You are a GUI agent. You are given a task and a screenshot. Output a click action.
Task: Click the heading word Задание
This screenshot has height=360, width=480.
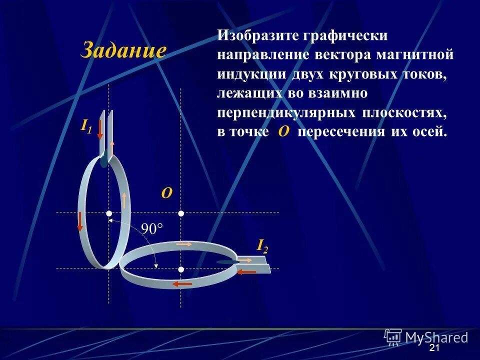(x=123, y=50)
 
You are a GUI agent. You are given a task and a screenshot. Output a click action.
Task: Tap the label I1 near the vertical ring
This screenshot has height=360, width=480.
(x=86, y=125)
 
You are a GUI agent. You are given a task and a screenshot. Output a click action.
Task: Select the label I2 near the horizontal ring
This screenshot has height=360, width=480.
(x=262, y=245)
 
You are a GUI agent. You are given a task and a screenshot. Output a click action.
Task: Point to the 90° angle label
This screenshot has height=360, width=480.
(x=152, y=229)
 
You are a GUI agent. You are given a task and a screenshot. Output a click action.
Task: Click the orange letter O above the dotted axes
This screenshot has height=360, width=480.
(x=166, y=193)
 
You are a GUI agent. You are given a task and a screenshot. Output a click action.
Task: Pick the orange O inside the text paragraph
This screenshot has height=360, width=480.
(x=283, y=131)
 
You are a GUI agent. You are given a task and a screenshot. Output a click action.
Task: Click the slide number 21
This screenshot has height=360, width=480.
(x=434, y=348)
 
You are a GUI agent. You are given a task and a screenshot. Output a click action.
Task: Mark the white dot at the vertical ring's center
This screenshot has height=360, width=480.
(x=108, y=213)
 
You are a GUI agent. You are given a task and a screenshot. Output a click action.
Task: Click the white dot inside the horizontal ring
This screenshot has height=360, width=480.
(x=181, y=269)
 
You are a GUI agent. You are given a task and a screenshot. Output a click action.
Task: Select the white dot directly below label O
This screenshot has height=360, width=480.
(x=181, y=213)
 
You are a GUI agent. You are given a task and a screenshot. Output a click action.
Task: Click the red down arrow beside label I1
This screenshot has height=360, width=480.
(x=100, y=129)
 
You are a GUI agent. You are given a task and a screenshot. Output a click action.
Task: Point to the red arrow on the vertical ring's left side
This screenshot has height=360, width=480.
(x=79, y=221)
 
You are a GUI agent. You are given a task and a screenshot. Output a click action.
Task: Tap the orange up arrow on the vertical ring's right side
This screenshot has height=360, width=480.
(x=123, y=200)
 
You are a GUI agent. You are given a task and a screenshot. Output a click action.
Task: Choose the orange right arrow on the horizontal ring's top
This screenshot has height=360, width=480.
(x=184, y=244)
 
